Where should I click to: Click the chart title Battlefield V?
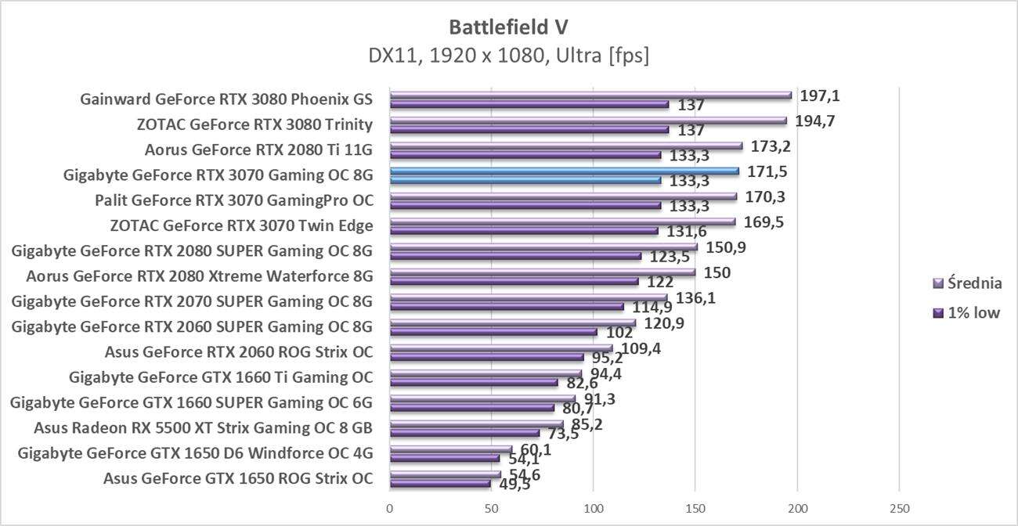pos(508,27)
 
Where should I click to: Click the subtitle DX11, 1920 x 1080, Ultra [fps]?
pos(508,56)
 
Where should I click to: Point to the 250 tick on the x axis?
pos(899,509)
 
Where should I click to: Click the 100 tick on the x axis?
pos(593,509)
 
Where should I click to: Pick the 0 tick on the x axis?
pos(390,509)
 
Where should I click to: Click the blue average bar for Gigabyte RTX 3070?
pos(564,171)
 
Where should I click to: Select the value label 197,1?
pos(820,95)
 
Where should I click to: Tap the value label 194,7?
pos(814,121)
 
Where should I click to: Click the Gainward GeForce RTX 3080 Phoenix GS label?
pos(226,99)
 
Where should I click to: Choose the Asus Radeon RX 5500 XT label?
pos(203,428)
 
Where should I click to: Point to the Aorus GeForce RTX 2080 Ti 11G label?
pos(258,150)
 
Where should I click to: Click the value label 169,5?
pos(763,222)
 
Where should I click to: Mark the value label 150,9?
pos(725,247)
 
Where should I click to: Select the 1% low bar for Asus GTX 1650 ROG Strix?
pos(439,484)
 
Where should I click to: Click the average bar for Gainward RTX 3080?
pos(590,95)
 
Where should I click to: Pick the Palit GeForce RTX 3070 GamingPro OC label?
pos(234,200)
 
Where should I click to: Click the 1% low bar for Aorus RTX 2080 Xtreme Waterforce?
pos(514,281)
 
